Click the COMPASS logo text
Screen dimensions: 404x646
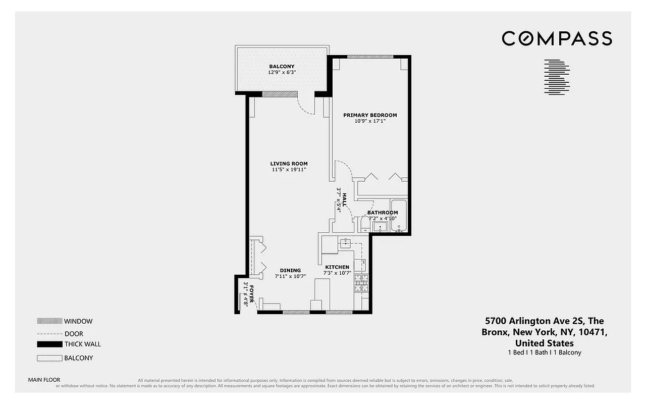tap(557, 38)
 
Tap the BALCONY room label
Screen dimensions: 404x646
tap(282, 67)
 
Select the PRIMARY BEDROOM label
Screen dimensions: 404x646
tap(370, 115)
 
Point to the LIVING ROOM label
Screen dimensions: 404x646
tap(289, 164)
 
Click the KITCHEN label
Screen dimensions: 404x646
tap(337, 267)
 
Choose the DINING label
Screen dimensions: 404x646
tap(290, 271)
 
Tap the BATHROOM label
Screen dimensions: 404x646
tap(382, 213)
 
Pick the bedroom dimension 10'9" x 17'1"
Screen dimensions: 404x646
tap(370, 121)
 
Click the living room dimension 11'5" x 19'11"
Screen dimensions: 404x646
tap(289, 170)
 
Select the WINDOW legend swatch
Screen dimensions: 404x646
tap(49, 321)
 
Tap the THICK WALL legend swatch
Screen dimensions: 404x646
tap(49, 344)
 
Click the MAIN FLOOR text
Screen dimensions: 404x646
tap(44, 380)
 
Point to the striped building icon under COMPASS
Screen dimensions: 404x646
tap(557, 77)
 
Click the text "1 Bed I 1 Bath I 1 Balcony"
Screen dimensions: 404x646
tap(544, 352)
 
